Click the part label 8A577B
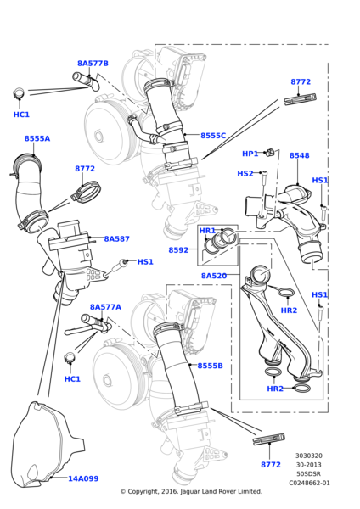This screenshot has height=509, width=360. click(x=93, y=64)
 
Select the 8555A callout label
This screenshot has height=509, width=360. click(x=37, y=138)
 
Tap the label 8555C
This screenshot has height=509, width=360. click(x=213, y=136)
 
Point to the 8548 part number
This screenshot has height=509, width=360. click(x=299, y=155)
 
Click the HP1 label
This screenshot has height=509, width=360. click(x=250, y=154)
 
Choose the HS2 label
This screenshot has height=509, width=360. click(x=245, y=173)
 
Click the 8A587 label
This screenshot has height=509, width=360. click(x=116, y=239)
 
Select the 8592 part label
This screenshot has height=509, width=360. click(x=178, y=250)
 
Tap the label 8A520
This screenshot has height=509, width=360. click(x=214, y=276)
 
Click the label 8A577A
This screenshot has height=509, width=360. click(x=105, y=307)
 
